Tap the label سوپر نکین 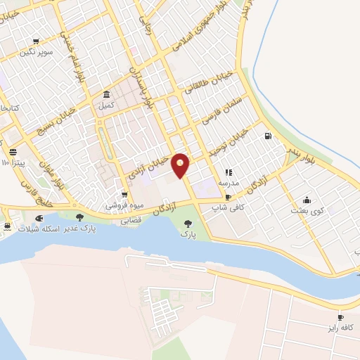click(x=37, y=51)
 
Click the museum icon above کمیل click(x=106, y=95)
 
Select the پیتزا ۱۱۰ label click(x=13, y=163)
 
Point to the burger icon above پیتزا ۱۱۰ click(x=13, y=152)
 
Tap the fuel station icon click(x=267, y=136)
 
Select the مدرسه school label click(x=229, y=182)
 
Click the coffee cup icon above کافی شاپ click(x=228, y=197)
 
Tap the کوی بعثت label click(x=307, y=210)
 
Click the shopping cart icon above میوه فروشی click(x=124, y=195)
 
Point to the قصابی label click(x=131, y=219)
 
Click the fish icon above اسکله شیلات click(x=39, y=219)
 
